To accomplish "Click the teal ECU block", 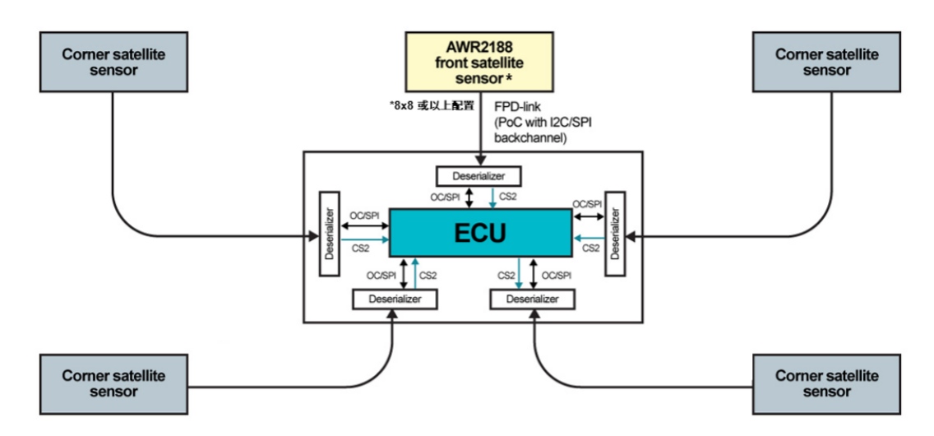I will coord(479,233).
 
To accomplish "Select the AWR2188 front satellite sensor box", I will coord(477,61).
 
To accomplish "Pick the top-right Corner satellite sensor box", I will coord(827,62).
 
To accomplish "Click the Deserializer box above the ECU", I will coord(479,175).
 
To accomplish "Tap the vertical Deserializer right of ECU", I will coord(615,235).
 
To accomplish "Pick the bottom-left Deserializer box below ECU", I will coord(395,299).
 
